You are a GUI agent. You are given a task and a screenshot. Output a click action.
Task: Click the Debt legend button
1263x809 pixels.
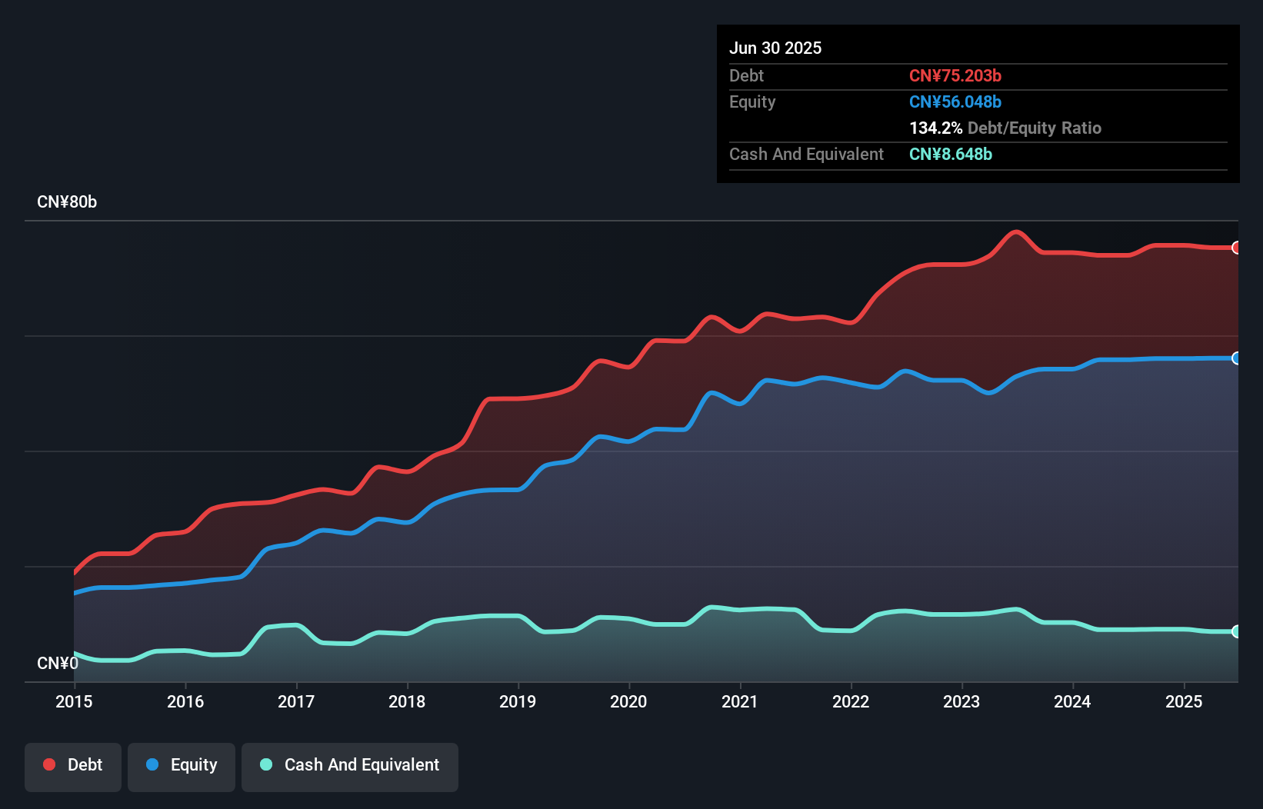[x=73, y=765]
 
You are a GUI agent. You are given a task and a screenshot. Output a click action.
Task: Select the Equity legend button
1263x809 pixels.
[x=182, y=765]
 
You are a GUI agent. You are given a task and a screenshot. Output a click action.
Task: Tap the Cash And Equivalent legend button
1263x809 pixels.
[x=350, y=765]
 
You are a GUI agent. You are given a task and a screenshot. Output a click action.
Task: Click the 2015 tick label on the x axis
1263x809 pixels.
[x=74, y=701]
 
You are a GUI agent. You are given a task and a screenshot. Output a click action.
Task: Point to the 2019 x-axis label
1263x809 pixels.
[x=518, y=701]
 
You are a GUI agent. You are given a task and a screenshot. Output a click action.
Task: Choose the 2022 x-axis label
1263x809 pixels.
[x=851, y=701]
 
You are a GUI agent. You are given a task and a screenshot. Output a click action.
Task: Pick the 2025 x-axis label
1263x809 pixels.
[x=1184, y=701]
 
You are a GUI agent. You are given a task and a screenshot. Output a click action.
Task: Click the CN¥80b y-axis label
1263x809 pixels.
[x=67, y=202]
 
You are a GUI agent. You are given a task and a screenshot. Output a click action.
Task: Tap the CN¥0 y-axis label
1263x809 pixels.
[x=58, y=663]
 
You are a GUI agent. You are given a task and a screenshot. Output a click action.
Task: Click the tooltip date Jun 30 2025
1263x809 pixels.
[x=775, y=48]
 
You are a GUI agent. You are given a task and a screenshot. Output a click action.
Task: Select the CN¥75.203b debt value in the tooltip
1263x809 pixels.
[x=955, y=75]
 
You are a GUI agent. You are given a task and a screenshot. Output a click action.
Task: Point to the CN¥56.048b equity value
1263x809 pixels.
[x=955, y=102]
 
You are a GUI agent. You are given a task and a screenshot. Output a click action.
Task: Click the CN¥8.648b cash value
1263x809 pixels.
[x=951, y=154]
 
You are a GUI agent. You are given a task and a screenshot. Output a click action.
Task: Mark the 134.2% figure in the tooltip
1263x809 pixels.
[x=935, y=128]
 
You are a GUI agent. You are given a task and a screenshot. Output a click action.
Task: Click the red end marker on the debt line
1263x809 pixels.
[x=1237, y=248]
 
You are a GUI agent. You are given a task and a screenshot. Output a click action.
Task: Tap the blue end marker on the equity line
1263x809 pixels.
[x=1237, y=358]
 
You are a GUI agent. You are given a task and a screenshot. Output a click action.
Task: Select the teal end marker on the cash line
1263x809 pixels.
[x=1237, y=631]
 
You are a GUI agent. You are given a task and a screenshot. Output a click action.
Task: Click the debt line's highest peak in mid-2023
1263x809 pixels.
[x=1016, y=231]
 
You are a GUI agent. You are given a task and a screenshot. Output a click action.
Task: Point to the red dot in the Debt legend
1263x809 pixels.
[x=49, y=764]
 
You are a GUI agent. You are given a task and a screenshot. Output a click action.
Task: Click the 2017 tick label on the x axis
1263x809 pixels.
[x=296, y=701]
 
